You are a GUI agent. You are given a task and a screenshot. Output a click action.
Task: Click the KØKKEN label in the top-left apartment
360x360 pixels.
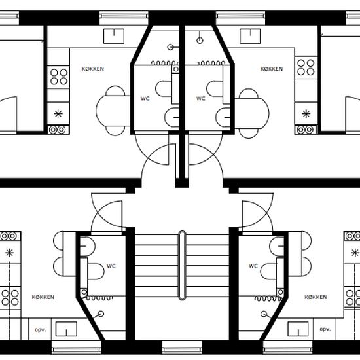[93, 69]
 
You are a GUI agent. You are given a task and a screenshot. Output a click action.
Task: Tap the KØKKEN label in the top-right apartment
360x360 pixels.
[272, 69]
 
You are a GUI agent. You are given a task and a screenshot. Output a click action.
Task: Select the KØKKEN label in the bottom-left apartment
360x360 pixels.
[43, 297]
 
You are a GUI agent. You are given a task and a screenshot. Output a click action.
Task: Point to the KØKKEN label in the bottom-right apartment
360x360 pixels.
[315, 297]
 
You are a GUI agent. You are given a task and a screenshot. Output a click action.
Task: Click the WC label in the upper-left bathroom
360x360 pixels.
[145, 98]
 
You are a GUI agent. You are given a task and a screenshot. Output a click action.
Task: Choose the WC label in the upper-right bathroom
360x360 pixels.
[201, 98]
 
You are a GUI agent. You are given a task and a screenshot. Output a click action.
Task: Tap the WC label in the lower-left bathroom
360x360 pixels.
[111, 266]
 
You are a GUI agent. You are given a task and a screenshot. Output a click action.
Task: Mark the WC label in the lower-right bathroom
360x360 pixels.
[253, 266]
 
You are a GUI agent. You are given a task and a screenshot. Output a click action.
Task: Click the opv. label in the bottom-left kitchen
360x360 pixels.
[40, 330]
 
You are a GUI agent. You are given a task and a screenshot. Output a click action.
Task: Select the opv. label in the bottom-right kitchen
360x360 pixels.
[325, 329]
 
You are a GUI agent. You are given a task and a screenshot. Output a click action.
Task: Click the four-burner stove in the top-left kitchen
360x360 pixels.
[58, 77]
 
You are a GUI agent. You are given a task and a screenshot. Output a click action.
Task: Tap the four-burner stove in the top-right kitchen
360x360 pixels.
[306, 67]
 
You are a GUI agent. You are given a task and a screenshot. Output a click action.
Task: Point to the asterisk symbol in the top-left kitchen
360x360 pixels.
[58, 114]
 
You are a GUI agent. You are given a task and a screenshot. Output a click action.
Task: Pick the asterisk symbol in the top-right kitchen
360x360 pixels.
[306, 114]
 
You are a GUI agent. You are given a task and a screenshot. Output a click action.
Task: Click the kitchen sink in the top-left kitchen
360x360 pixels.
[114, 36]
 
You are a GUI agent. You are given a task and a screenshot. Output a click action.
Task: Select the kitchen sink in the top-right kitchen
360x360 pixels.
[250, 36]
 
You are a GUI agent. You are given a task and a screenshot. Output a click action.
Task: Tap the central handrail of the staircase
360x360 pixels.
[182, 265]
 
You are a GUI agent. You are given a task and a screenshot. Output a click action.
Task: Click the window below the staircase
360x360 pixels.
[182, 350]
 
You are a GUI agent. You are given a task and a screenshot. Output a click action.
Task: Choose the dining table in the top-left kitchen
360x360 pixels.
[113, 111]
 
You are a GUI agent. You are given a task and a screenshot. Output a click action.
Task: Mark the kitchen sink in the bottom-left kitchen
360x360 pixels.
[66, 329]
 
